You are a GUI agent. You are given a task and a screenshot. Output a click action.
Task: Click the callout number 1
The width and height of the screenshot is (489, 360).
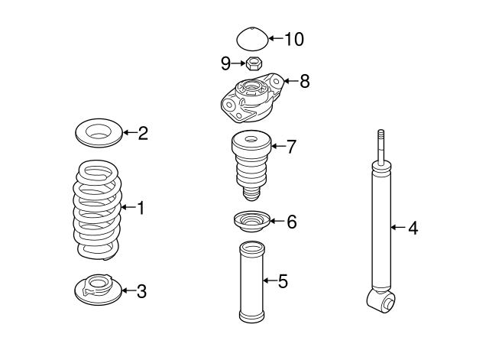[139, 207]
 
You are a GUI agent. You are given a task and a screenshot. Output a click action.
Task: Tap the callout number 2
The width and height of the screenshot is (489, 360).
[143, 135]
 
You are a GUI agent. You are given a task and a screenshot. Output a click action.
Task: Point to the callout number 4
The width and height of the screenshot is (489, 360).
[413, 227]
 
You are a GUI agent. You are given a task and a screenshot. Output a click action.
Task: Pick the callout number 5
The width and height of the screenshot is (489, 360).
[283, 281]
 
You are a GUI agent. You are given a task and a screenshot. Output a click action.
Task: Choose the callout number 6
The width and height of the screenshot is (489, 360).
[291, 222]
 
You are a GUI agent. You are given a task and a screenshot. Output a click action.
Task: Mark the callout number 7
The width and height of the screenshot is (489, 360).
[290, 146]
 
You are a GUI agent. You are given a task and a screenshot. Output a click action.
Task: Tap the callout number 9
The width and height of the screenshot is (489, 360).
[225, 62]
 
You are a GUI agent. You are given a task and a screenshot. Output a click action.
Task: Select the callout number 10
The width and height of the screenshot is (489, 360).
[294, 37]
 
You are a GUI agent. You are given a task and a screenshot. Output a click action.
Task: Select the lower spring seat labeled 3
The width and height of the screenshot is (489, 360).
[98, 288]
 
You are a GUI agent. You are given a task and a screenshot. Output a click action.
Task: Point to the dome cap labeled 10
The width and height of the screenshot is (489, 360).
[251, 41]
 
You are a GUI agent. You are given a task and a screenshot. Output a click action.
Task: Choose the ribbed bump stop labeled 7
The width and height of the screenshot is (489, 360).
[251, 165]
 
